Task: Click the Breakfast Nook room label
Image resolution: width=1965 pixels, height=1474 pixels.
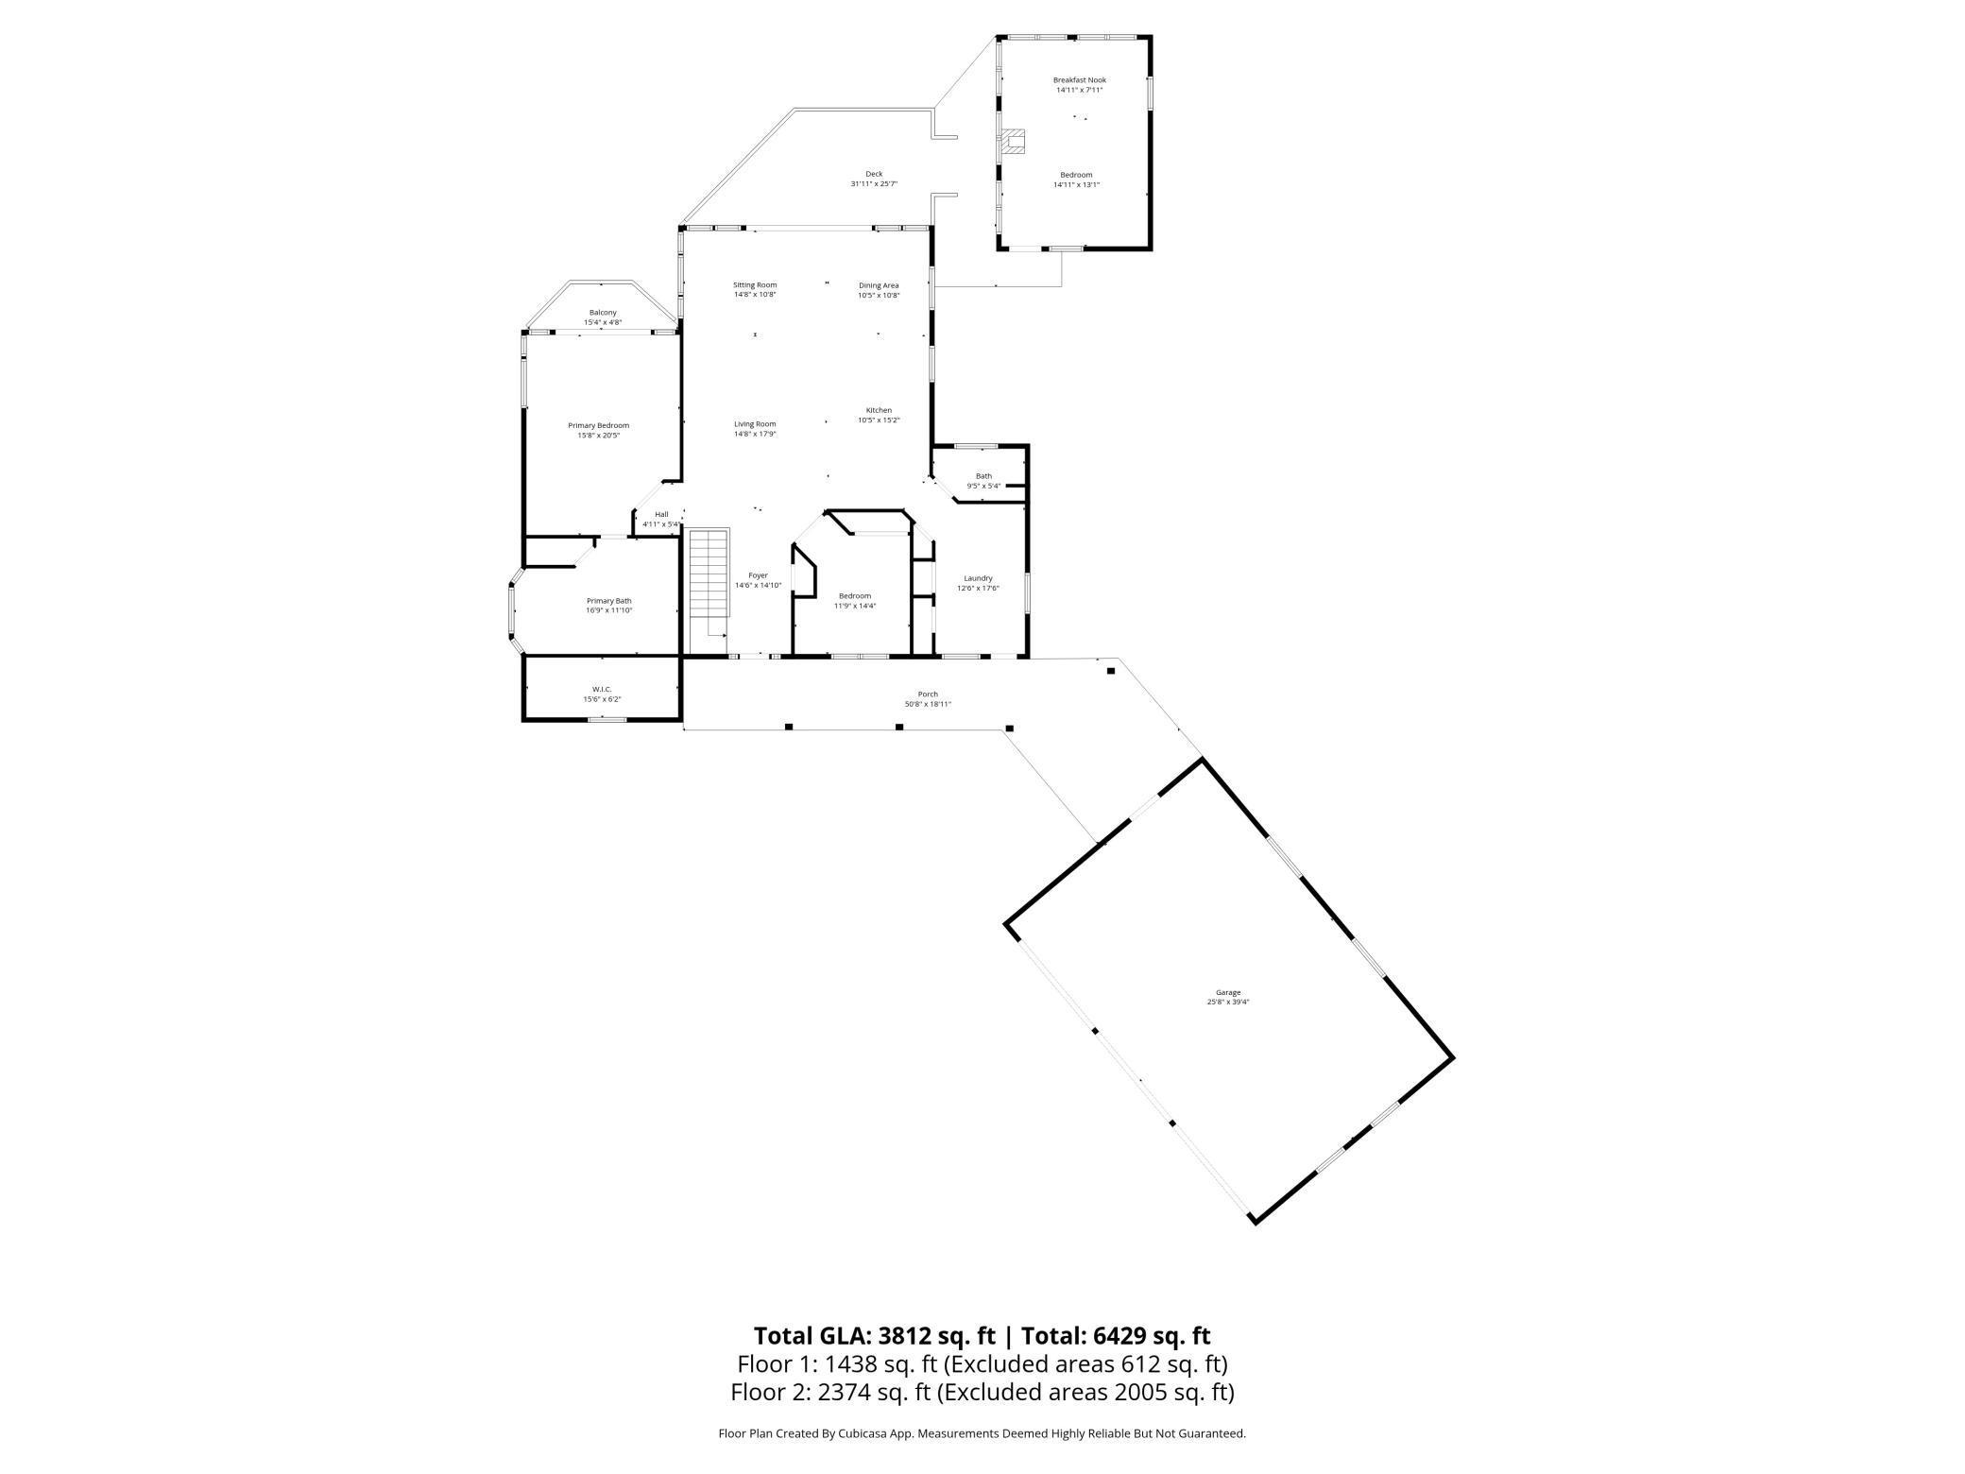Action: pos(1079,80)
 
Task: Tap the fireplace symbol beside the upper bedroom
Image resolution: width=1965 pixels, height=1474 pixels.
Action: pos(1014,142)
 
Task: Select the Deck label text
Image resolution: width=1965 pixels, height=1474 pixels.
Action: pos(874,174)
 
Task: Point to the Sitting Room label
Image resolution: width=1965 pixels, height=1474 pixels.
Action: pos(755,284)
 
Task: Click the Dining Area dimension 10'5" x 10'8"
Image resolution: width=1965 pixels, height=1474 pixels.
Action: pos(879,296)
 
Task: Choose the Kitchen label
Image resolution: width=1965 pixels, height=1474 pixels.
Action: pos(879,410)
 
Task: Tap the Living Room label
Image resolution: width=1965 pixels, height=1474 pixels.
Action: pos(755,424)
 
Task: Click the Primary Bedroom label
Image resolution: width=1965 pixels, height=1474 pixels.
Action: pos(598,425)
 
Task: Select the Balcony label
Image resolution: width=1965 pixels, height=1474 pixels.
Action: pos(603,313)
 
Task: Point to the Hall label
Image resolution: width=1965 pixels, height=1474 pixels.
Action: pos(661,514)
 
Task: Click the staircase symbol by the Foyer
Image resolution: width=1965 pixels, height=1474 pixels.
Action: pos(709,574)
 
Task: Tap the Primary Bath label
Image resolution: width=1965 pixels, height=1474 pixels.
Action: pos(608,601)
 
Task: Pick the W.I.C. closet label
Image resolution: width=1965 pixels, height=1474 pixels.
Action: pos(602,689)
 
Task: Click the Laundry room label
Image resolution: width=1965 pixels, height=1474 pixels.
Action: pos(978,578)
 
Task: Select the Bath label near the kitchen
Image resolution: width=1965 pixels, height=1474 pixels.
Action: pos(983,476)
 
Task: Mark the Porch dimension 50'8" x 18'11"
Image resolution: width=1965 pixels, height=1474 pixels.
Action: pos(928,704)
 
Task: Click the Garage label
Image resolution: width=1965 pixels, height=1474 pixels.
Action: pos(1227,992)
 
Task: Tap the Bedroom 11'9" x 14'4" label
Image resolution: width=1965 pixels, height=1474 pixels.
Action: pos(854,596)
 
